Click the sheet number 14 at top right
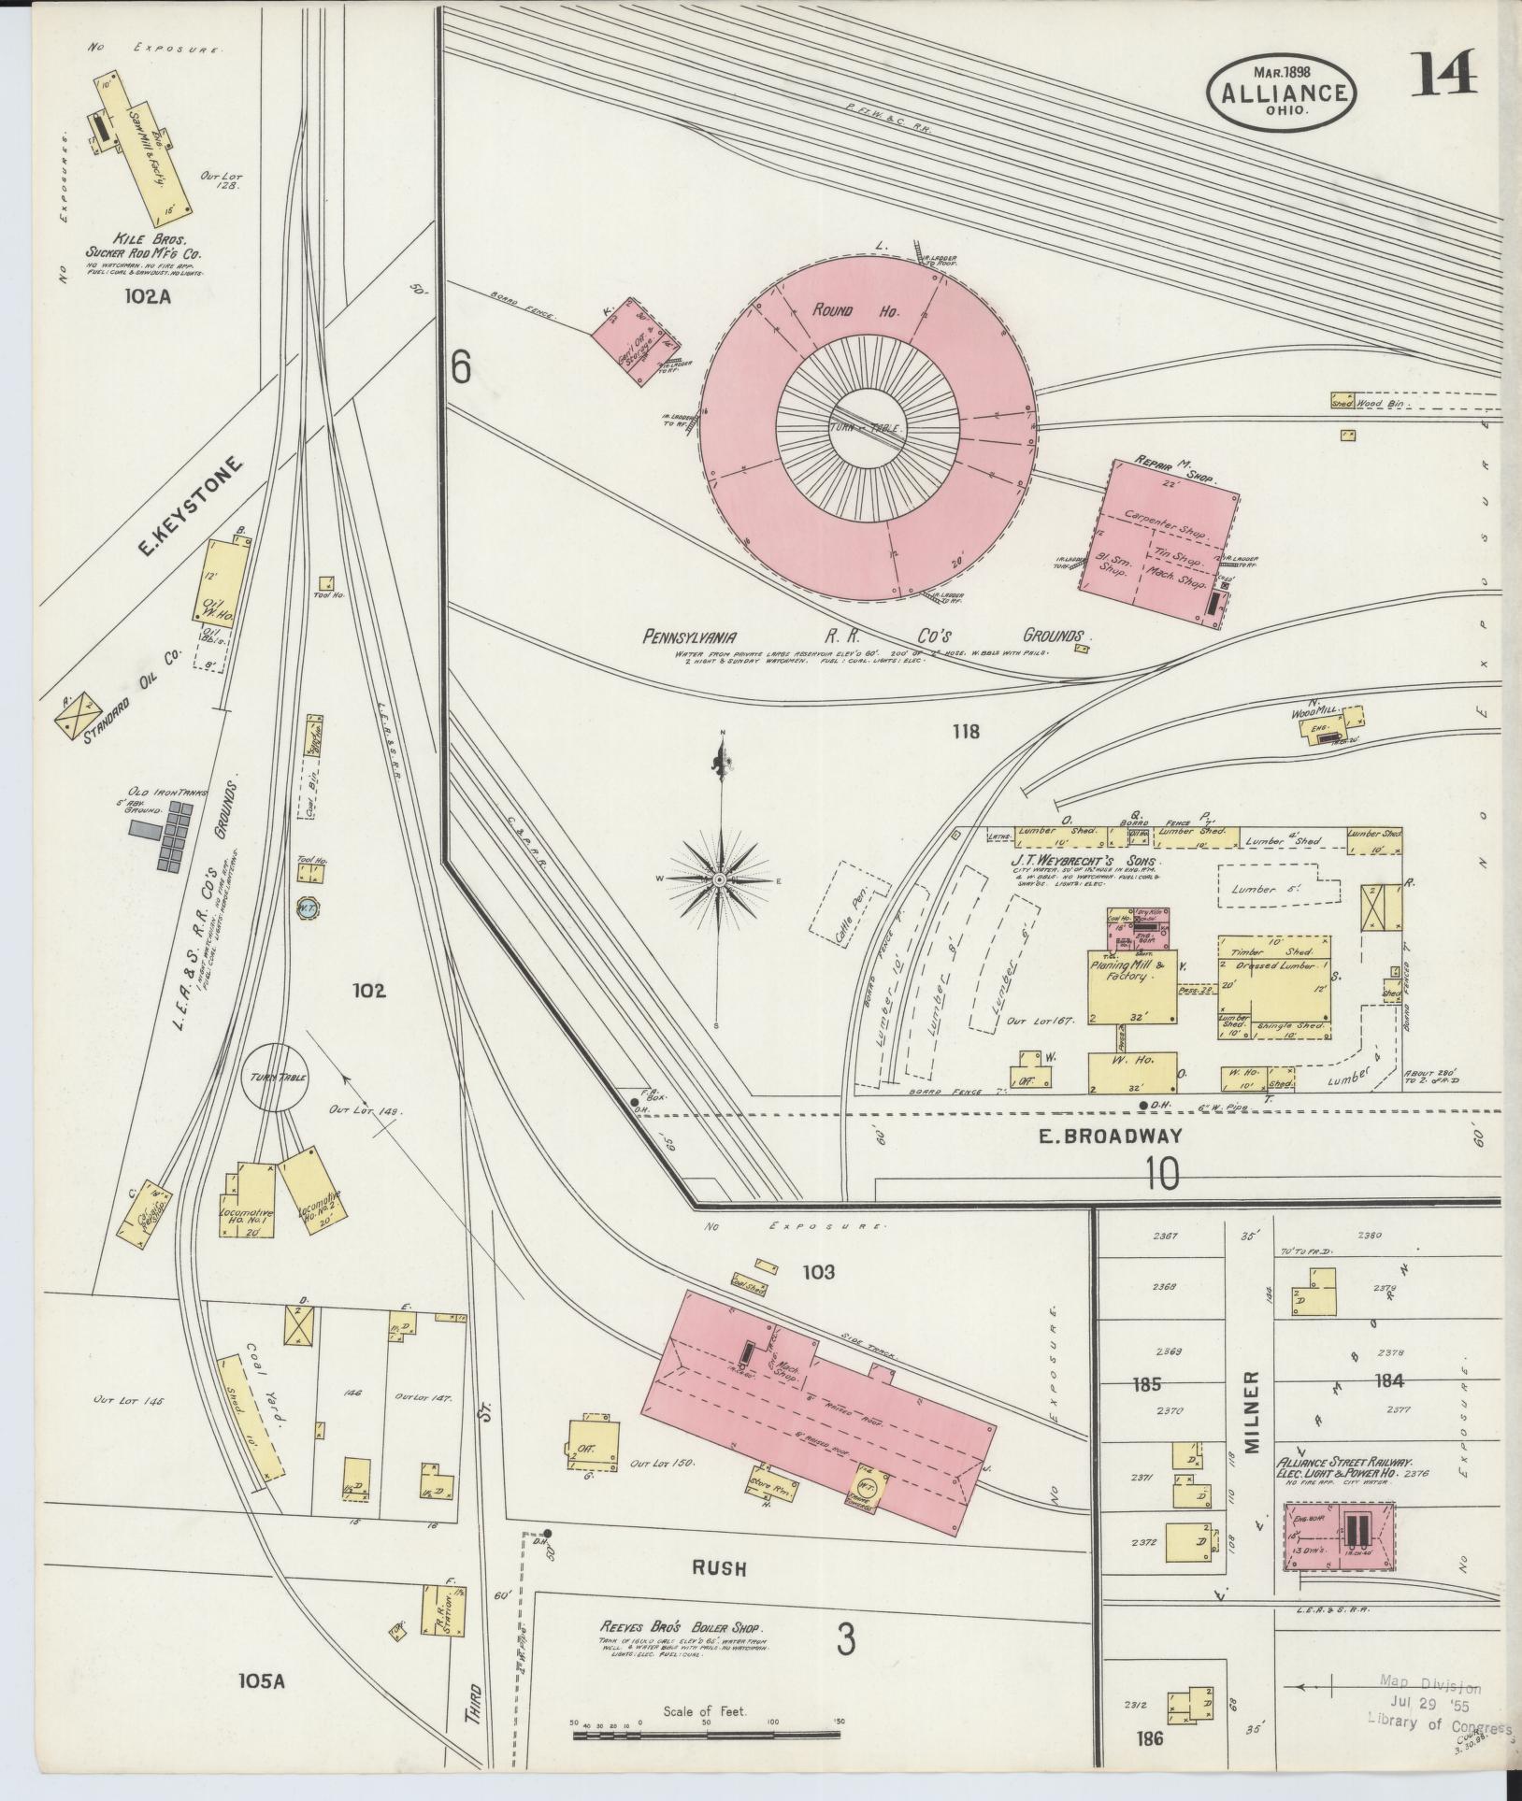tap(1443, 75)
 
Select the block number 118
tap(966, 731)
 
